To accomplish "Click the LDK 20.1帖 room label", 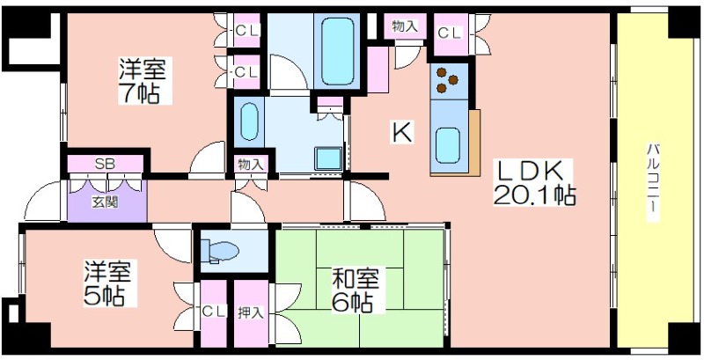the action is tap(534, 183).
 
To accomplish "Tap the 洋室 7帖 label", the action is tap(143, 80).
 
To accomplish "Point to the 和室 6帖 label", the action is tap(356, 290).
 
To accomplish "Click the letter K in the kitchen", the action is tap(402, 132).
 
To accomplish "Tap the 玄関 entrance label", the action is tap(105, 202).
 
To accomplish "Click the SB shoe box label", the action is tap(104, 164).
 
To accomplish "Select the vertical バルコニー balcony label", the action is tap(652, 182).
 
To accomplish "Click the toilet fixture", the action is tap(219, 251).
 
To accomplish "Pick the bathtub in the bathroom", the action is tap(337, 51).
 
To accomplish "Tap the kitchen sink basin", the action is tap(448, 145).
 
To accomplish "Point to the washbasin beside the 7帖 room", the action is tap(249, 121).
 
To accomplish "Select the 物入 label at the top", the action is tap(405, 26).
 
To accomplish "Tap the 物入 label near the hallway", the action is tap(251, 165).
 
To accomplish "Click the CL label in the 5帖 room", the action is tap(213, 311).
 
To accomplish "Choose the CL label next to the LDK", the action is tap(450, 33).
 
